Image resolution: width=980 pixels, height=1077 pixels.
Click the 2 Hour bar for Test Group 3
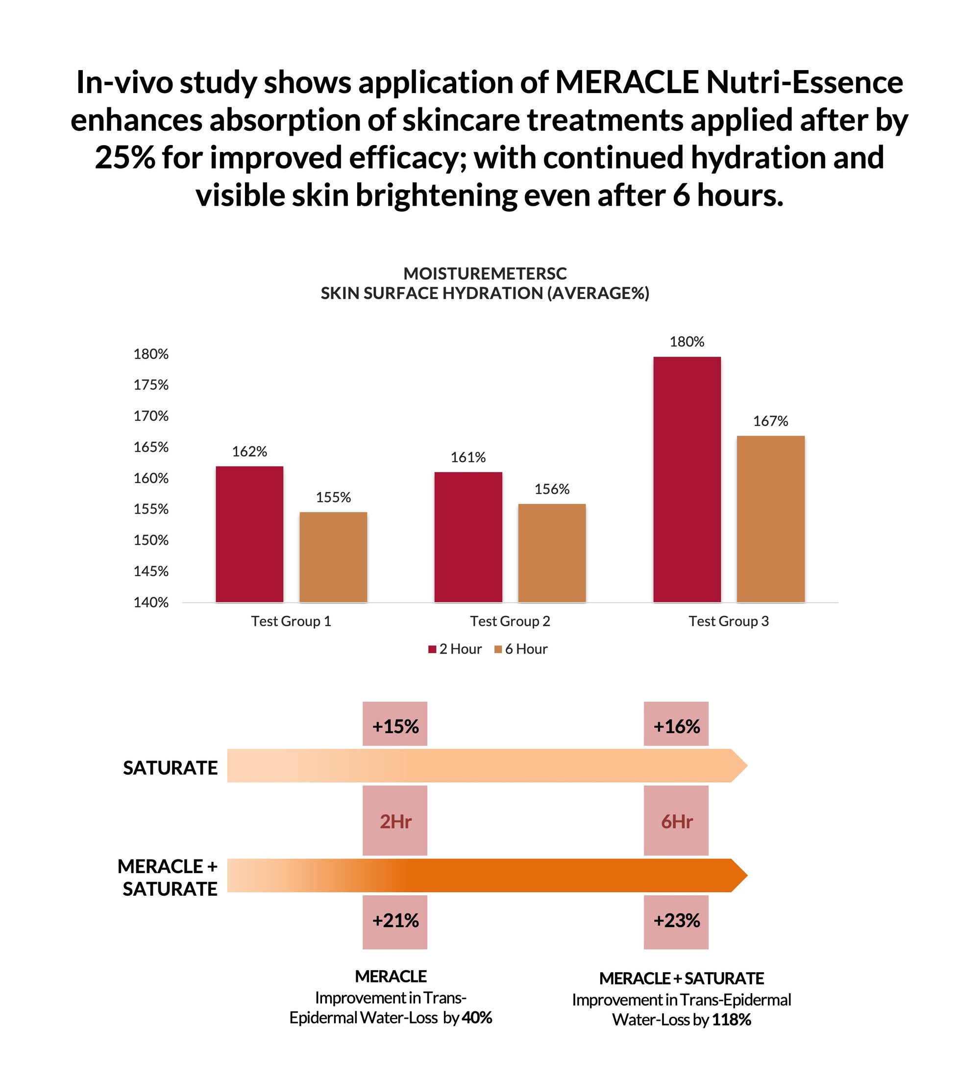tap(686, 479)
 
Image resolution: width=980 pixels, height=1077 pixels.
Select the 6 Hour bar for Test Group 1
tap(333, 557)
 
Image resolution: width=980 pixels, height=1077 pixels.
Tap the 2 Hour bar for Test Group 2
tap(468, 537)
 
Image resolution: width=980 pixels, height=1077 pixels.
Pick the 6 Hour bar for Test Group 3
tap(771, 519)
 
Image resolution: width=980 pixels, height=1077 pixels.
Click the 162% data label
tap(249, 451)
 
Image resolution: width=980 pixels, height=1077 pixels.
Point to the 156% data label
tap(552, 489)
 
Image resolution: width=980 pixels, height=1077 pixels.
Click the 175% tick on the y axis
tap(151, 385)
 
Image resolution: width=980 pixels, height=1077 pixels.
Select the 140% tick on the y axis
tap(151, 602)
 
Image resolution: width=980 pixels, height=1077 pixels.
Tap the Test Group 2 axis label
tap(510, 621)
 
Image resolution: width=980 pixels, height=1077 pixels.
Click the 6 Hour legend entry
tap(521, 649)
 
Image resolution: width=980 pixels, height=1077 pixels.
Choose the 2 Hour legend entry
tap(455, 649)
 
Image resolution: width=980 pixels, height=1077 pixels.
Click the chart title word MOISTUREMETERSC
tap(485, 273)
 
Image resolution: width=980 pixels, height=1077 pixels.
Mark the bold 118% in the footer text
tap(731, 1019)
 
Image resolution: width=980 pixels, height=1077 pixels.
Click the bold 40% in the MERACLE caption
tap(477, 1017)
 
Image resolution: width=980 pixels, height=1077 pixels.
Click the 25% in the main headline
tap(125, 158)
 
